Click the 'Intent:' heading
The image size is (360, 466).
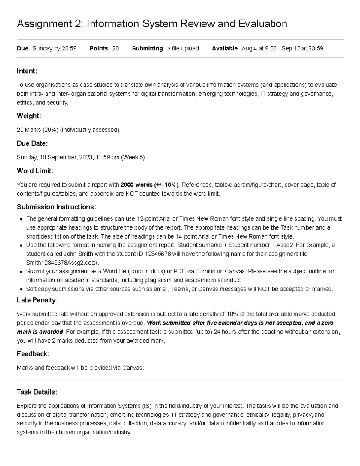pos(27,71)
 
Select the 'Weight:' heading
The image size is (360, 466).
pos(29,116)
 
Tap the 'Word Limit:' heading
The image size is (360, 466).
pos(35,171)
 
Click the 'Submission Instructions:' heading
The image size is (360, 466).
pos(56,207)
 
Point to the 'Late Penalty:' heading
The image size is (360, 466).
pos(37,300)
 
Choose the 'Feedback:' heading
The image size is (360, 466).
pos(33,354)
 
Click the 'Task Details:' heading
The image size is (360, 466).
pos(37,392)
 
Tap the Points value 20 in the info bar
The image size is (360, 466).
pos(115,49)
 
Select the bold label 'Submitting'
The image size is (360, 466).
pos(147,49)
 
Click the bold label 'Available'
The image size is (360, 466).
pos(225,49)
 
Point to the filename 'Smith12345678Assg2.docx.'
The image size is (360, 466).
pos(62,263)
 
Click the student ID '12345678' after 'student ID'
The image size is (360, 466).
pos(158,254)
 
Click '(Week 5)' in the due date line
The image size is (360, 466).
pos(133,158)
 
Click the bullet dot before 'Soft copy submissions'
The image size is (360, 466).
pos(21,290)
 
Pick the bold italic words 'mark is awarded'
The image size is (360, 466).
pos(40,332)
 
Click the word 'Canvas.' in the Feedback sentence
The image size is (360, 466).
pos(133,368)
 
